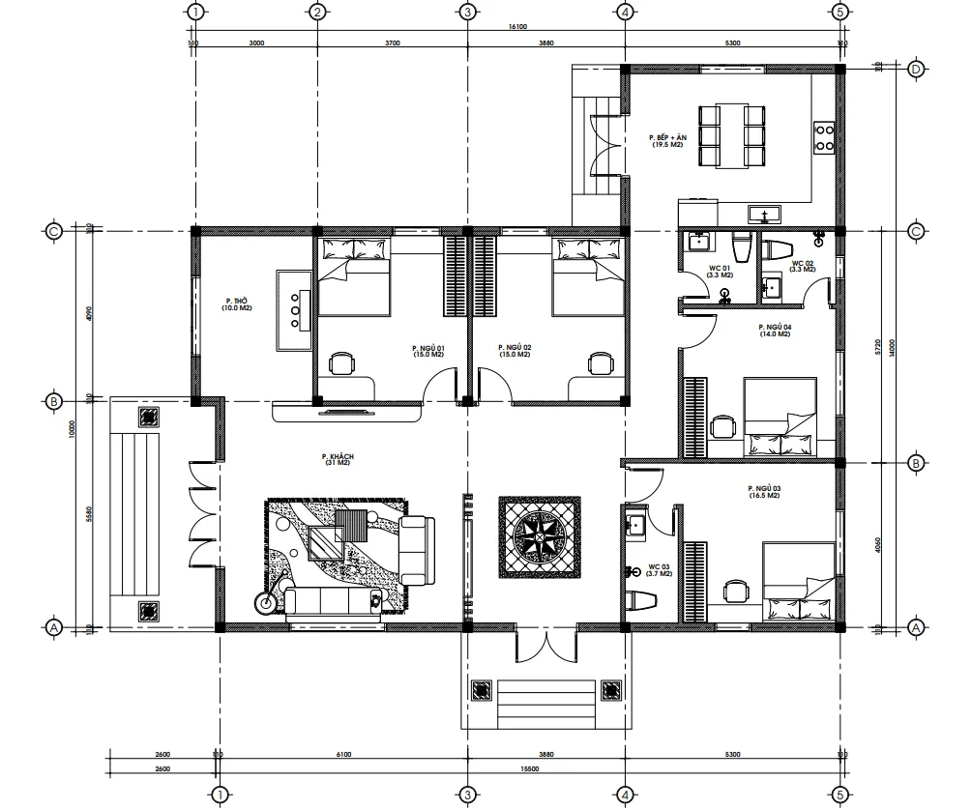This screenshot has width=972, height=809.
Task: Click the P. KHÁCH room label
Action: (337, 460)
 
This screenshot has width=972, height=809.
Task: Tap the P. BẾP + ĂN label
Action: (667, 140)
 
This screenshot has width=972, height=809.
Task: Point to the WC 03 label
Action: (660, 569)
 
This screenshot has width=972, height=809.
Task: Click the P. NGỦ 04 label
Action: (775, 331)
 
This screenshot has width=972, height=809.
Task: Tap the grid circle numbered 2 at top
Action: (316, 13)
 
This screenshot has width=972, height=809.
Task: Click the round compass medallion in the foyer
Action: (540, 536)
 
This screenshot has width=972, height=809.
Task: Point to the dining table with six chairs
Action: (732, 136)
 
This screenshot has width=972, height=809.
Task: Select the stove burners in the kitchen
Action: (825, 136)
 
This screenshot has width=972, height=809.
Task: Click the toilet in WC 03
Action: (639, 599)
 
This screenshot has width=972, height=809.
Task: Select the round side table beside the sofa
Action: (264, 602)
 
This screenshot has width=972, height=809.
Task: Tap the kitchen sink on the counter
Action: (764, 213)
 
